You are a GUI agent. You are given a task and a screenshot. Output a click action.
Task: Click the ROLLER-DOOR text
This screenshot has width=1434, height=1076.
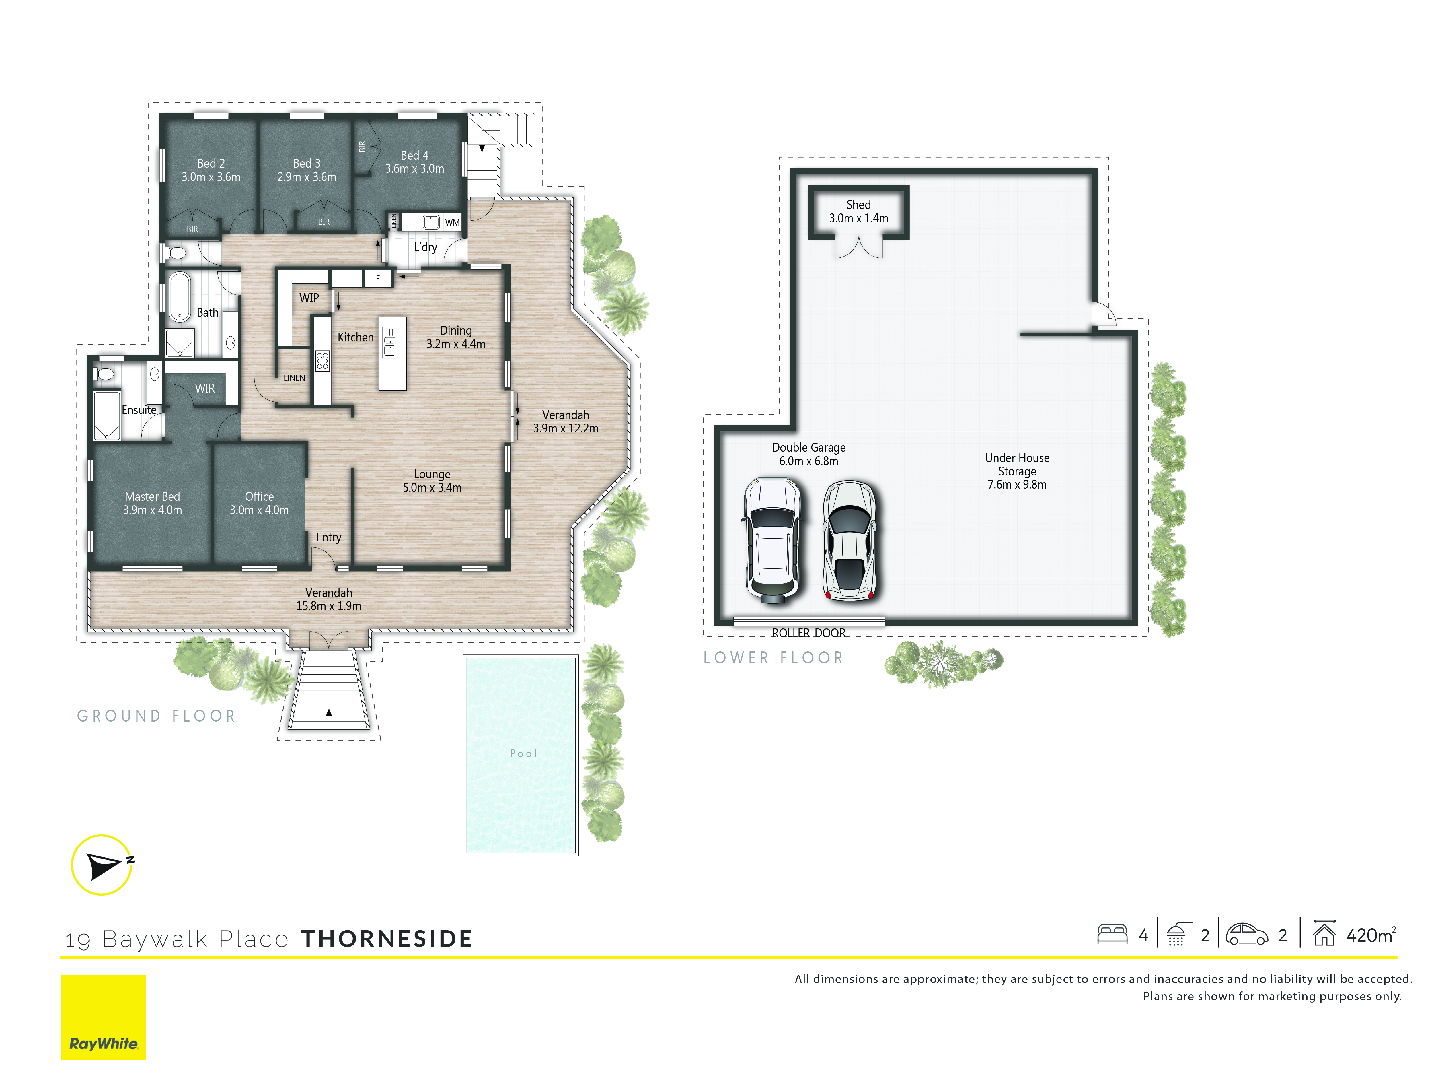(808, 633)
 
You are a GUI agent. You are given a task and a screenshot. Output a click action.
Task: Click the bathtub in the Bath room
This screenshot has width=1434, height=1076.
(180, 296)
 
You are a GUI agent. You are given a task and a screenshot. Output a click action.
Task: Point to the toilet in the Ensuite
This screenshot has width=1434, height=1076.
(104, 374)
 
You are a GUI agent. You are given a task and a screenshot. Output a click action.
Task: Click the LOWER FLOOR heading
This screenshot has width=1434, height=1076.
(773, 658)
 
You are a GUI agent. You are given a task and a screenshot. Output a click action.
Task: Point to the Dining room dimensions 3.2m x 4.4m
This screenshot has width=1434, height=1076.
(456, 344)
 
